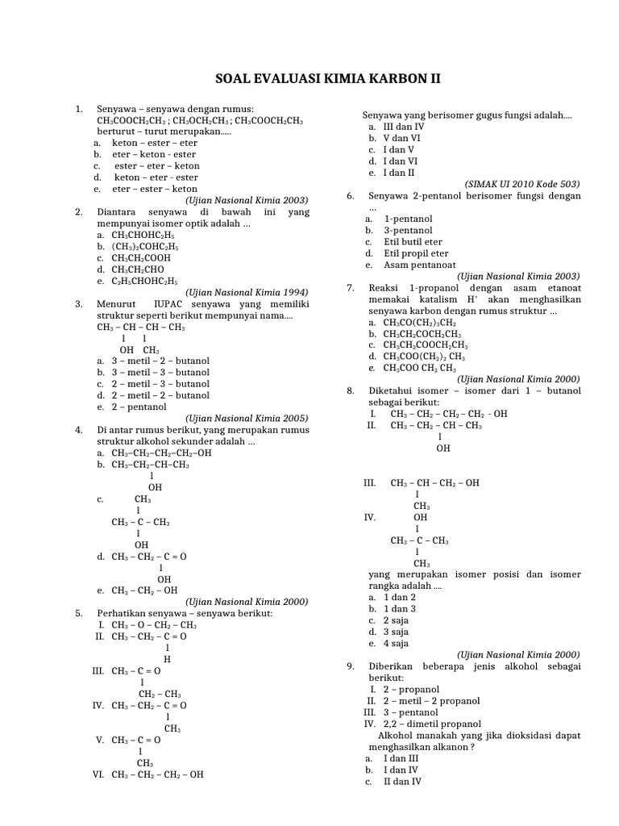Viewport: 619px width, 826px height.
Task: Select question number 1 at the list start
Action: [x=78, y=109]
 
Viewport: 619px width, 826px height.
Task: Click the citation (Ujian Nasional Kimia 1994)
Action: [x=247, y=292]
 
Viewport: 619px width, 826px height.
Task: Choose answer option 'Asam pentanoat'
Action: [x=409, y=265]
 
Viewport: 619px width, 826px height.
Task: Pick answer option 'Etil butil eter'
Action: [x=413, y=242]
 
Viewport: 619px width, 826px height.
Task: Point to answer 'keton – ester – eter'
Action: [x=154, y=143]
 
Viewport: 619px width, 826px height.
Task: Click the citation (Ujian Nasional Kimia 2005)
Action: [x=247, y=418]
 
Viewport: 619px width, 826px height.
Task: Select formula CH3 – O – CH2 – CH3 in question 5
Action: [x=154, y=624]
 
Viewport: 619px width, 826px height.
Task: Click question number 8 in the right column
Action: [x=351, y=390]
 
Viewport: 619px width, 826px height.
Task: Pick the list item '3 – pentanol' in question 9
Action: [x=410, y=712]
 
